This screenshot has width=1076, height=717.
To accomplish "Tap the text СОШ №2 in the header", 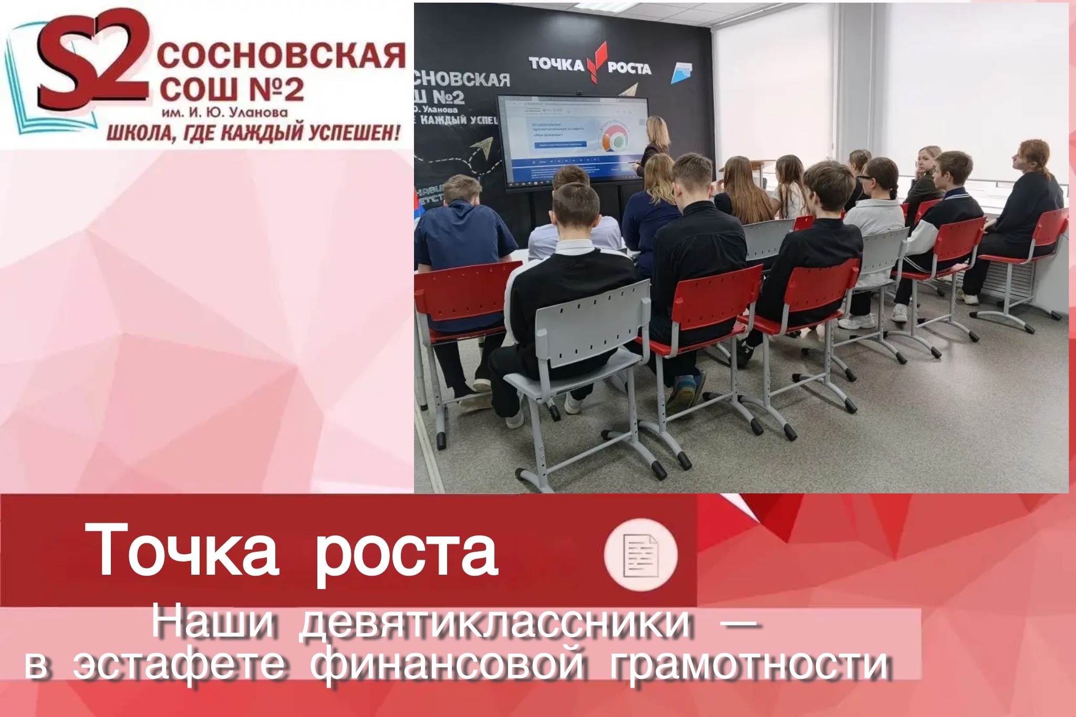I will point(231,91).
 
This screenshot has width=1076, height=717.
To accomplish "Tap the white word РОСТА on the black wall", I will point(629,68).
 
